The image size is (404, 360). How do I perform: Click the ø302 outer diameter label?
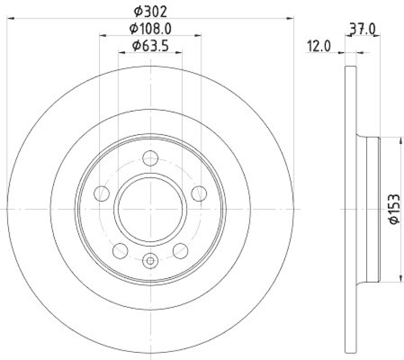click(150, 10)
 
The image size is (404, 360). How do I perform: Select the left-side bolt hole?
click(103, 193)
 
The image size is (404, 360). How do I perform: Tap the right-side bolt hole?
click(199, 193)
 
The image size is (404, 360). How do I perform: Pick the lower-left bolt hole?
click(120, 249)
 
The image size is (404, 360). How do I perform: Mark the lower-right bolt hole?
click(180, 249)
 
